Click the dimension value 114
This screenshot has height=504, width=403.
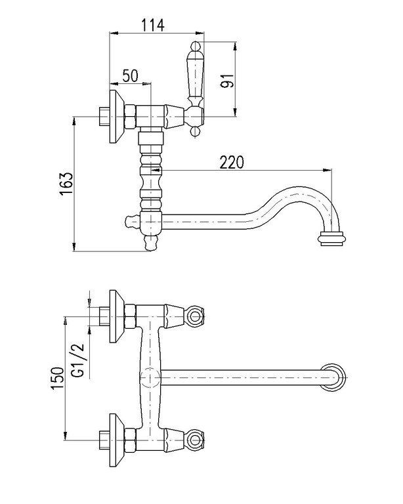click(152, 25)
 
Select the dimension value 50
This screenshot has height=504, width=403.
click(129, 75)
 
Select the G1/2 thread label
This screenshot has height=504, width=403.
click(77, 360)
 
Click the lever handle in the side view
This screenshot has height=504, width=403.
click(196, 79)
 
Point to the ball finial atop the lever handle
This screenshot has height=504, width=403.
click(196, 47)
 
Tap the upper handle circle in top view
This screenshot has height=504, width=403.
click(194, 317)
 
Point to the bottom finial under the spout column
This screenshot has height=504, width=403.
click(152, 245)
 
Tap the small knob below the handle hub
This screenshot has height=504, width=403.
click(195, 133)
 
